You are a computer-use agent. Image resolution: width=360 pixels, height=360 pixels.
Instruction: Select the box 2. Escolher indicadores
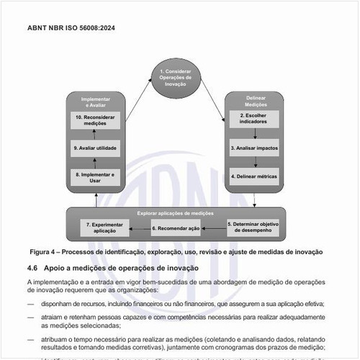(x=253, y=120)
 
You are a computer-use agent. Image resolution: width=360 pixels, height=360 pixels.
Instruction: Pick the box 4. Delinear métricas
(x=253, y=176)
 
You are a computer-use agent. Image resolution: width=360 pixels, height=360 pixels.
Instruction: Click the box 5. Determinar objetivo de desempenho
(x=253, y=228)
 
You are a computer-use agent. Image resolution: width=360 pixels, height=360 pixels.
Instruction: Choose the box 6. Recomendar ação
(x=175, y=228)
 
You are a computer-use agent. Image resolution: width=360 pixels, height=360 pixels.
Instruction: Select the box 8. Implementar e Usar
(x=95, y=176)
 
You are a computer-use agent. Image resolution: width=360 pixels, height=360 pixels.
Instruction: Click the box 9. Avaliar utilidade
(x=95, y=148)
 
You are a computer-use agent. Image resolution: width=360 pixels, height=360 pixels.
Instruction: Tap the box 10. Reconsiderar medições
(x=95, y=120)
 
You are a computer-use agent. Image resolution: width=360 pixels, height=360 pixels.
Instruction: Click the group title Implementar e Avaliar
(x=95, y=100)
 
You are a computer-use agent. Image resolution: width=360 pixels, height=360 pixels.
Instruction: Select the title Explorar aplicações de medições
(x=175, y=213)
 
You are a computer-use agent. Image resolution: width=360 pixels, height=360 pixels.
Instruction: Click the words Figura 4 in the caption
(x=45, y=252)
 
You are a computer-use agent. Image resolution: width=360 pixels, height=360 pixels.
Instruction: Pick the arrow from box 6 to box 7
(x=139, y=228)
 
